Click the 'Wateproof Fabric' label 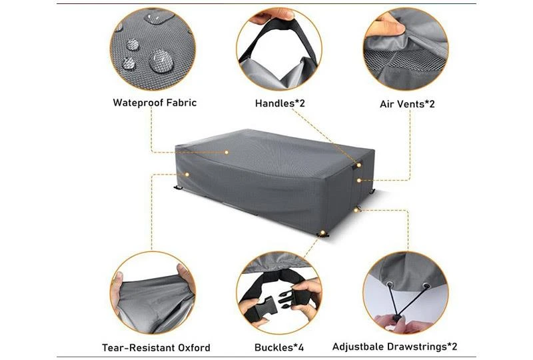point(155,103)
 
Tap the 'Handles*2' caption point(280,103)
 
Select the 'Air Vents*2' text point(407,104)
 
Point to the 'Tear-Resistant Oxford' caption point(156,348)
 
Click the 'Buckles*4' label point(279,347)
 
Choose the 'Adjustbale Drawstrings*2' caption point(394,347)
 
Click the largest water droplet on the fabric point(161,61)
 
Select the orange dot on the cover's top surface point(227,153)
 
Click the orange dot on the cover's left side point(187,174)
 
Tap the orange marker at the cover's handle point(359,165)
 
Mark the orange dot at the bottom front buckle point(322,233)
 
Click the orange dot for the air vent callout point(359,181)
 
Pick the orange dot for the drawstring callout point(356,210)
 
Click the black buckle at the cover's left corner point(178,187)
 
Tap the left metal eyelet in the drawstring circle point(390,284)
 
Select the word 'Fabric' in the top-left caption point(181,103)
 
